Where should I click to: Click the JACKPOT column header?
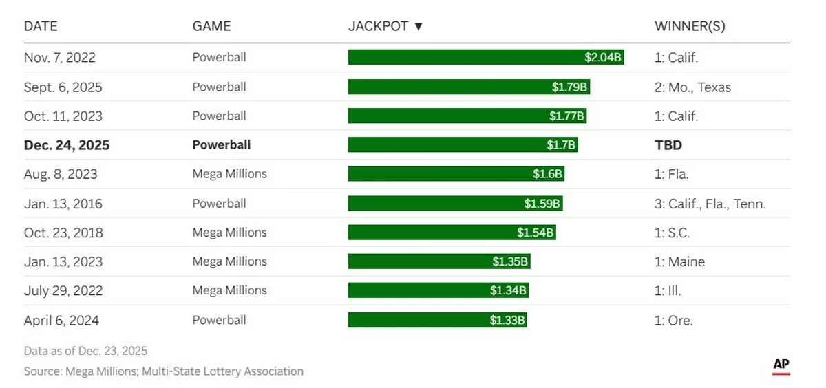[378, 26]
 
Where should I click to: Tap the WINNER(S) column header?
[690, 26]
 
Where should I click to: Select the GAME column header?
[211, 26]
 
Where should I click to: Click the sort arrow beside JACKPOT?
[418, 26]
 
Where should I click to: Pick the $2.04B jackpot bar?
[486, 57]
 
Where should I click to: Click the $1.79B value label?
[570, 87]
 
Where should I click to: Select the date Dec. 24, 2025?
[67, 145]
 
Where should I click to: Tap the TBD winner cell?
[667, 145]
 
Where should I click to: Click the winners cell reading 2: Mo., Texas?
[692, 87]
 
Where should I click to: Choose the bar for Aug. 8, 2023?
[456, 174]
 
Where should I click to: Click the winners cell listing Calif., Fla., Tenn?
[710, 204]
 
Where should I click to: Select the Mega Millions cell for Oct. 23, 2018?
[229, 233]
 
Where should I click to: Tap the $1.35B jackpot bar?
[439, 261]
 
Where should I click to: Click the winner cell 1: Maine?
[679, 261]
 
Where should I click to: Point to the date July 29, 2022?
[63, 290]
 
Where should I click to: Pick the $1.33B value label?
[507, 320]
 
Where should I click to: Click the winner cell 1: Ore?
[673, 320]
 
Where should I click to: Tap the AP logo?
[781, 365]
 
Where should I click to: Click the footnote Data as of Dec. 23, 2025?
[85, 351]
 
